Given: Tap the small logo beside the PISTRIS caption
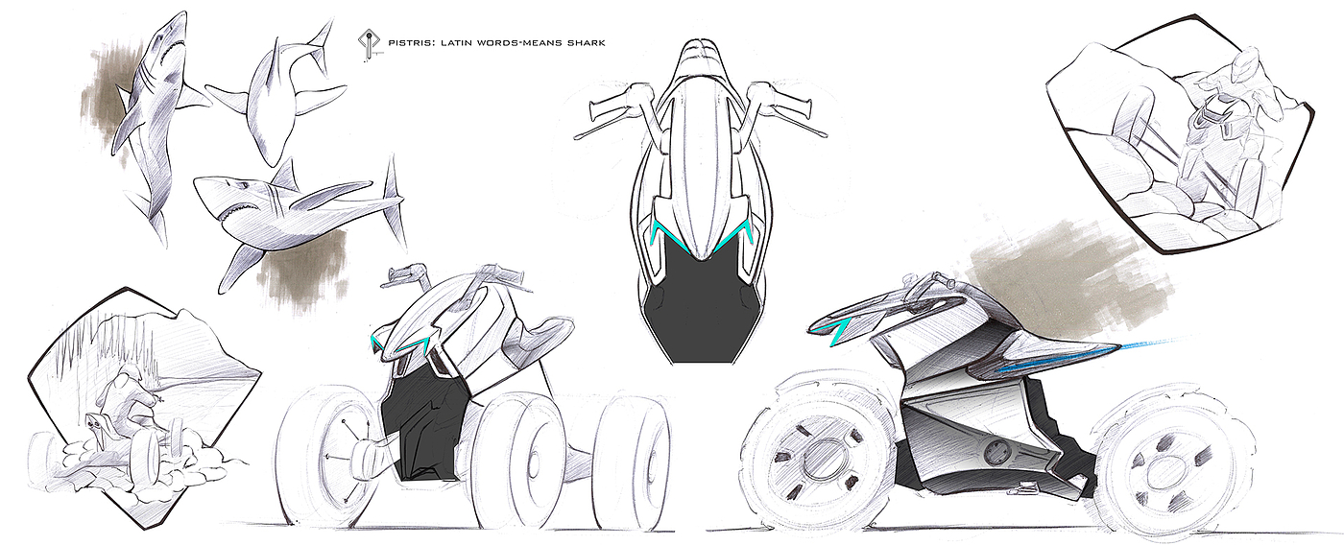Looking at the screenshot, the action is coord(366,44).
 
